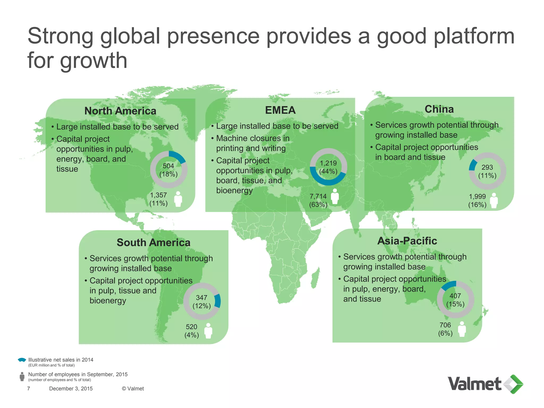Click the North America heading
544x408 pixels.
(x=120, y=111)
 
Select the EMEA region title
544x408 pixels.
(x=280, y=110)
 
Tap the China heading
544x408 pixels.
(x=439, y=109)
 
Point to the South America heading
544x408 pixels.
(x=154, y=243)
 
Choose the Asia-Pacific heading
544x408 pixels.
(x=407, y=241)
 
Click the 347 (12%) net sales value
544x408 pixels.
(x=202, y=302)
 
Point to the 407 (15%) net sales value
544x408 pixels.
(x=455, y=300)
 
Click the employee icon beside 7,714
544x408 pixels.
(x=335, y=197)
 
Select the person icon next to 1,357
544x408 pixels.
(x=178, y=199)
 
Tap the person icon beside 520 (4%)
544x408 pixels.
(x=208, y=331)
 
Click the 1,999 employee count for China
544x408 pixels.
(x=477, y=197)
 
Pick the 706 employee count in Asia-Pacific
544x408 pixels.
(x=445, y=325)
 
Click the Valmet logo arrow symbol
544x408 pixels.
(x=513, y=384)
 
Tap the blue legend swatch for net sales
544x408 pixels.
(x=22, y=360)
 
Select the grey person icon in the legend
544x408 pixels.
(x=22, y=377)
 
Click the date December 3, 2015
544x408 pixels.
(x=71, y=389)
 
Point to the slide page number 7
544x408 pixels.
(x=29, y=389)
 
